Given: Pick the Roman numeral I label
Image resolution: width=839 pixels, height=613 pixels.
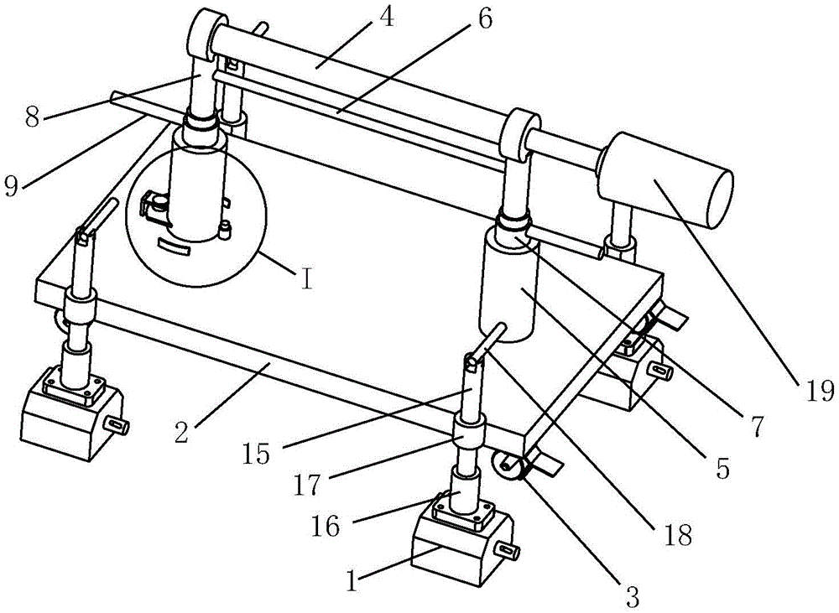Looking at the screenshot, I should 308,277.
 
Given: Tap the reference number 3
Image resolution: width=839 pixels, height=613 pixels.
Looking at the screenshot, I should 632,596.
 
